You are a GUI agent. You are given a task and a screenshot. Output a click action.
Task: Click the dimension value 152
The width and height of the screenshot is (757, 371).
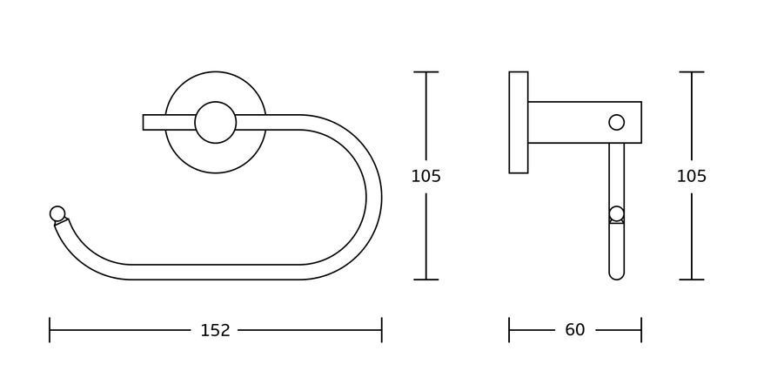[x=215, y=330]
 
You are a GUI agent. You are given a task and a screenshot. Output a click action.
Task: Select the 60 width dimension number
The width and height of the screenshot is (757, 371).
[x=574, y=330]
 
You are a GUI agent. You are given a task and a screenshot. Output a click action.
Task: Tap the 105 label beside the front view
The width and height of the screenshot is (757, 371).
[x=425, y=176]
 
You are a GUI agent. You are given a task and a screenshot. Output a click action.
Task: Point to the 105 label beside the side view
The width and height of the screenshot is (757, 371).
[x=692, y=176]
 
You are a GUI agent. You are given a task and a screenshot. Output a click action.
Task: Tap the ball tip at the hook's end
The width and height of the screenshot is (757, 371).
[x=57, y=213]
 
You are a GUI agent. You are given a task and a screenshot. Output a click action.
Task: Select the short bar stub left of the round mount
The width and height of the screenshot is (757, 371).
[x=155, y=122]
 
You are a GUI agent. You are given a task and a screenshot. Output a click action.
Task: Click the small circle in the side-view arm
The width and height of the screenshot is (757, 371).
[x=617, y=122]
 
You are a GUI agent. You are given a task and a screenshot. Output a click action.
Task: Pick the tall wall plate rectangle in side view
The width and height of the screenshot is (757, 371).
[x=519, y=122]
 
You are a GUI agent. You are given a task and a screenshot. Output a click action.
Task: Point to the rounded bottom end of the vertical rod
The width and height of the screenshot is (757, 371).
[x=617, y=275]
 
